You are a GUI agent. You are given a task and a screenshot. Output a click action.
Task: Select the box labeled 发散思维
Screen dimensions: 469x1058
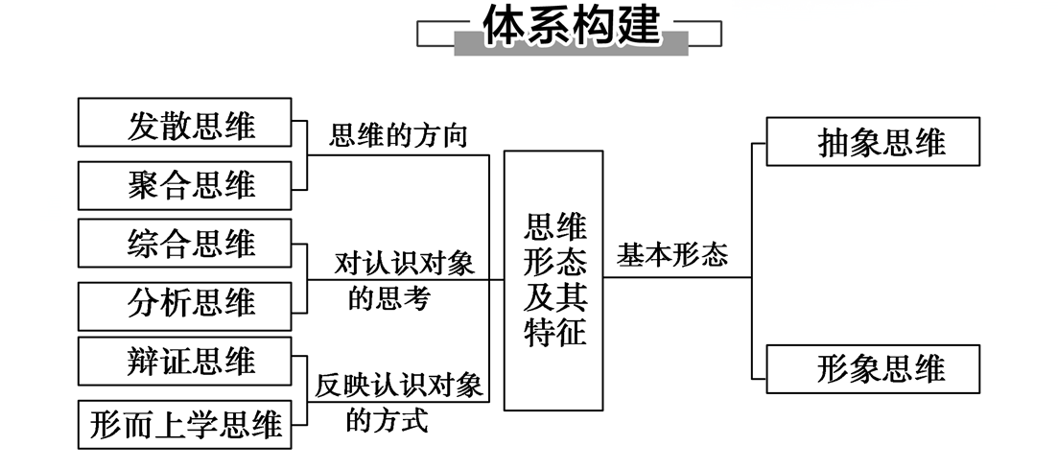pos(184,123)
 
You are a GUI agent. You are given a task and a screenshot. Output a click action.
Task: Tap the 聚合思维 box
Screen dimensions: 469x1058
pos(184,184)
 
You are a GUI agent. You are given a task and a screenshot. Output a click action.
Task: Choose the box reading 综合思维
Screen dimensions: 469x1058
pos(184,244)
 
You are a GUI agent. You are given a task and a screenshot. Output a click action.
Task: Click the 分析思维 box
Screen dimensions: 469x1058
pos(184,305)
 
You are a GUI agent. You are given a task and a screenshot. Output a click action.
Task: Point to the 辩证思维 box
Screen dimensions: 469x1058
pos(184,363)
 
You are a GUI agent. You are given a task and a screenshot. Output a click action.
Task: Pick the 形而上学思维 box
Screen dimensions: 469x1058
pos(184,423)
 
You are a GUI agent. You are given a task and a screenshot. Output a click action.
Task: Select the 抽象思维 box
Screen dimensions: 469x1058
pos(872,142)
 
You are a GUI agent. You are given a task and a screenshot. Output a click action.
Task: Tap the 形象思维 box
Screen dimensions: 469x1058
pos(872,369)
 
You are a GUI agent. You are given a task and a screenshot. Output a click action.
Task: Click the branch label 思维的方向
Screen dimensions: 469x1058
pos(398,136)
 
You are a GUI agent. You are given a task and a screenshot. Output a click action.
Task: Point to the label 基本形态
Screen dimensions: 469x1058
pos(671,255)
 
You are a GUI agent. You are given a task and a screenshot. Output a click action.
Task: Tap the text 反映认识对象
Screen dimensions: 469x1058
pos(399,386)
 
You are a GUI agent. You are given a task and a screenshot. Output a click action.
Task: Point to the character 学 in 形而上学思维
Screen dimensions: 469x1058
pos(207,423)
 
